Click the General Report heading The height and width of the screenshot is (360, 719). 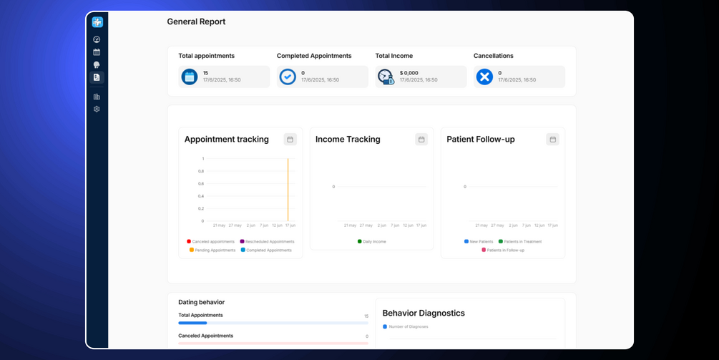tap(196, 21)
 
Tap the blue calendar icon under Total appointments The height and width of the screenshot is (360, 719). tap(189, 77)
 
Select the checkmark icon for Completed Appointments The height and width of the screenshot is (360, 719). tap(288, 77)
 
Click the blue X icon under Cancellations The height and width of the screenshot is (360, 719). tap(484, 77)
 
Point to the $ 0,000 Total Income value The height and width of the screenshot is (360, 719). tap(409, 73)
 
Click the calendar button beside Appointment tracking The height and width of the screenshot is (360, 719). tap(290, 140)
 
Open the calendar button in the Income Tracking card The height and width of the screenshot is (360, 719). tap(421, 140)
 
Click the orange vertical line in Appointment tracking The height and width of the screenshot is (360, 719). tap(288, 190)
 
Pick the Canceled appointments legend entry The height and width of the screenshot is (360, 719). tap(211, 242)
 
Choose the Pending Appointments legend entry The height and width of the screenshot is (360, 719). tap(212, 250)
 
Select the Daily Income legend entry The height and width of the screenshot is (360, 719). tap(372, 242)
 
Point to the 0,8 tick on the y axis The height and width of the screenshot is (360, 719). tap(201, 171)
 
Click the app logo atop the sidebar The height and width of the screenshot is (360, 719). tap(97, 22)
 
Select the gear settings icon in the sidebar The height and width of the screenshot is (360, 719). tap(97, 110)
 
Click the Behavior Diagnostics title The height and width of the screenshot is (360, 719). tap(424, 313)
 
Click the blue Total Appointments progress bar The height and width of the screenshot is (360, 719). tap(193, 323)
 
